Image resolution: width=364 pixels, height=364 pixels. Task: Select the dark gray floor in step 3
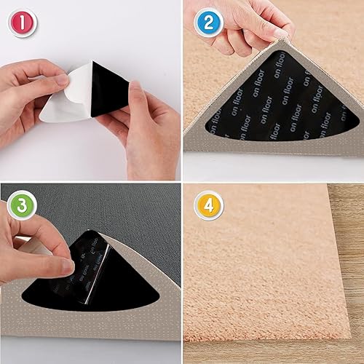click(109, 211)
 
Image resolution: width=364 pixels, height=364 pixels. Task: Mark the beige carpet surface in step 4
click(255, 262)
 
